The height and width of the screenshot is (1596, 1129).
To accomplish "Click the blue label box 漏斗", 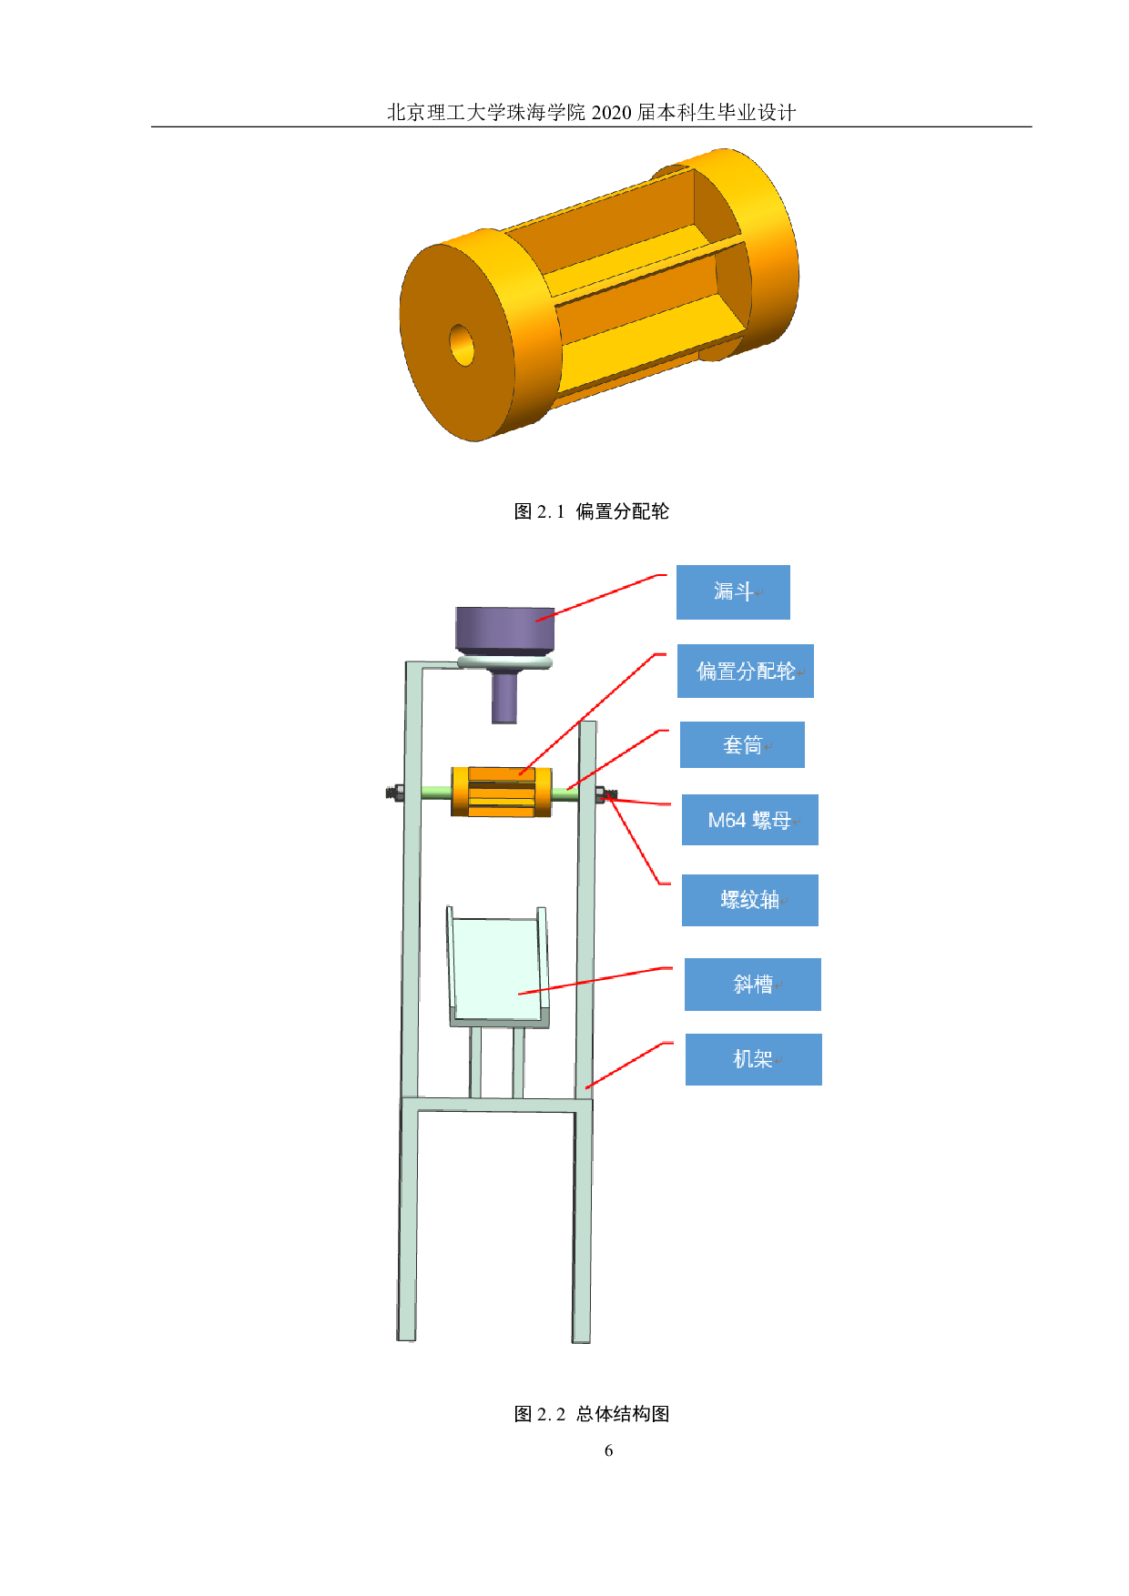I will (x=733, y=592).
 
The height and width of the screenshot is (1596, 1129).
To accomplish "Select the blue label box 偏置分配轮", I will (x=745, y=672).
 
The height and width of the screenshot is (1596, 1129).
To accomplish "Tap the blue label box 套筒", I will (x=742, y=745).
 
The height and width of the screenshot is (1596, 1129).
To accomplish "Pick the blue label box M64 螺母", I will (x=749, y=820).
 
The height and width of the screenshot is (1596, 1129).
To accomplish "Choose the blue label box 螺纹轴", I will (x=749, y=900).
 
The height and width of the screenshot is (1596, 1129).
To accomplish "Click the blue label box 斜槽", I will (x=752, y=985).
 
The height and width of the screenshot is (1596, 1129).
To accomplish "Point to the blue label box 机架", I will (x=753, y=1059).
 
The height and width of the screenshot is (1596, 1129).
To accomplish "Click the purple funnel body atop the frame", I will (x=504, y=629).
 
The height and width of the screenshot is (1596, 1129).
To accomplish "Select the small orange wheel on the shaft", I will (x=501, y=792).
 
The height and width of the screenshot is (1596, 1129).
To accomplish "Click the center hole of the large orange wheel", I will (x=463, y=344).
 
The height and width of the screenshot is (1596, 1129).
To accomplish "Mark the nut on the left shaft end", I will (x=395, y=793).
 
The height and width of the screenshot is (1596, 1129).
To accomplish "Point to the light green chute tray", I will (x=496, y=969).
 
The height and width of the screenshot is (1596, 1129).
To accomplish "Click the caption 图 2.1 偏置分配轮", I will (x=591, y=511).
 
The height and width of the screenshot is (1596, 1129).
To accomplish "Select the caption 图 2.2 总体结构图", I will (x=591, y=1414).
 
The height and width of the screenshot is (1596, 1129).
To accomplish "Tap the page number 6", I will (x=608, y=1451).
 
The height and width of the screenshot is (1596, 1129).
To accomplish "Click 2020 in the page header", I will (x=611, y=113).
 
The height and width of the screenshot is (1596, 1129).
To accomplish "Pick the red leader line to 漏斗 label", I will (x=601, y=597).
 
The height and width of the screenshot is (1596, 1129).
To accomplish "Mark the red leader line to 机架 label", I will (x=628, y=1064).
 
